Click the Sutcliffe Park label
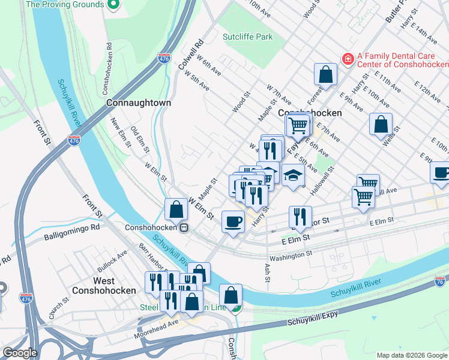point(247,37)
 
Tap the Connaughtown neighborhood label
point(139,103)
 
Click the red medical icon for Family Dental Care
point(347,59)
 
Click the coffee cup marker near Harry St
point(233,221)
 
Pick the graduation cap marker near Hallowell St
point(292,175)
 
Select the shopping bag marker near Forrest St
point(325,75)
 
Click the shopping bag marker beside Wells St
point(381,124)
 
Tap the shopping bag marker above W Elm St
point(176,209)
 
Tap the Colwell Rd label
point(191,53)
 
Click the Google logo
point(20,353)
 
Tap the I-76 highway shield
point(441,281)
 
